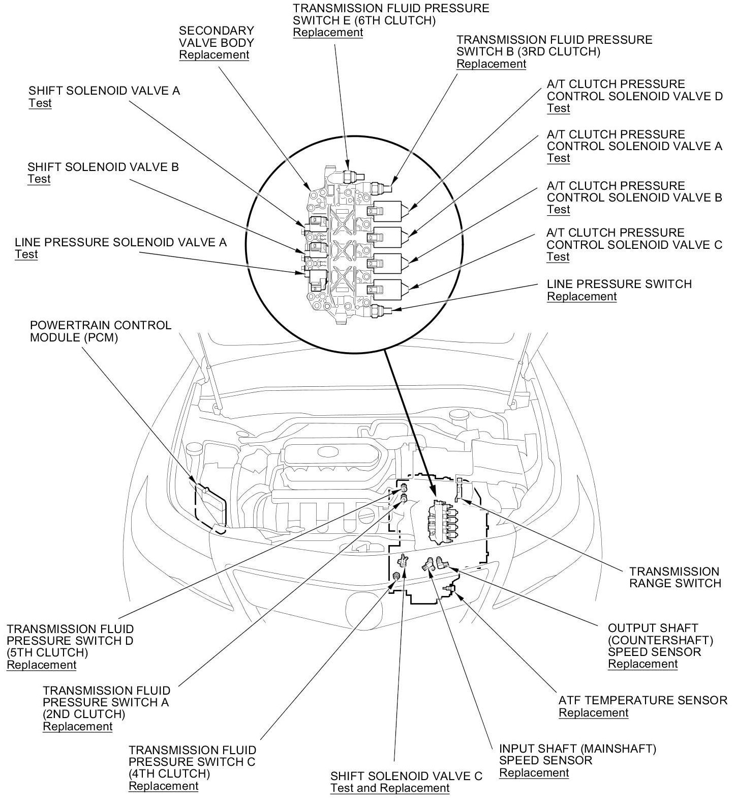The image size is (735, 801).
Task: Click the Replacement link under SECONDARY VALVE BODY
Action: (x=214, y=55)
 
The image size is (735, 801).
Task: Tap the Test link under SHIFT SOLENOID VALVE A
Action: (x=40, y=103)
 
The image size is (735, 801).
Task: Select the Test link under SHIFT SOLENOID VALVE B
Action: (x=39, y=179)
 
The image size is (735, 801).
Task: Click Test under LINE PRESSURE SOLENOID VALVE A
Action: (x=26, y=254)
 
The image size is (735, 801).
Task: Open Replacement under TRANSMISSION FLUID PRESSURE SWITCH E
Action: (x=328, y=33)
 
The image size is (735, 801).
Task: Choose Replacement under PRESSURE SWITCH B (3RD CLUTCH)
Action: (x=491, y=64)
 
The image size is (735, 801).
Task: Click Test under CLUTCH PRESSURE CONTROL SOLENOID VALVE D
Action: (x=558, y=108)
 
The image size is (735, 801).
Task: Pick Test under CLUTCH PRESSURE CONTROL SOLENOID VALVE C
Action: (x=558, y=257)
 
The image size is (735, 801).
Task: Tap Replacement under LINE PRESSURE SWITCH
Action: (x=581, y=297)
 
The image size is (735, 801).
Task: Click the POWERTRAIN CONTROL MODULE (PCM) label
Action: (x=101, y=331)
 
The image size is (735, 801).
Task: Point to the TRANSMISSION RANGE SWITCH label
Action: (x=675, y=577)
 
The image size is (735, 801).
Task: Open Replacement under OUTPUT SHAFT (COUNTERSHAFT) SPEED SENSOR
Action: (x=642, y=664)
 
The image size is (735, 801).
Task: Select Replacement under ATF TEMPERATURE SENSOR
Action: (x=593, y=713)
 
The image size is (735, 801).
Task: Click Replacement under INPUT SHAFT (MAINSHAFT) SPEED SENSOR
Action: (x=534, y=773)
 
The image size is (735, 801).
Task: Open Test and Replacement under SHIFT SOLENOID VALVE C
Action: (x=390, y=788)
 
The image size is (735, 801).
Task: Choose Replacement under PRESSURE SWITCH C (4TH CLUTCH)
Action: (x=163, y=786)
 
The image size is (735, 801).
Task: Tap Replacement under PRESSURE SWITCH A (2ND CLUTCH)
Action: (x=77, y=726)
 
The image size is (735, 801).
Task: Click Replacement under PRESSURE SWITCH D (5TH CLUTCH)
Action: (x=41, y=665)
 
